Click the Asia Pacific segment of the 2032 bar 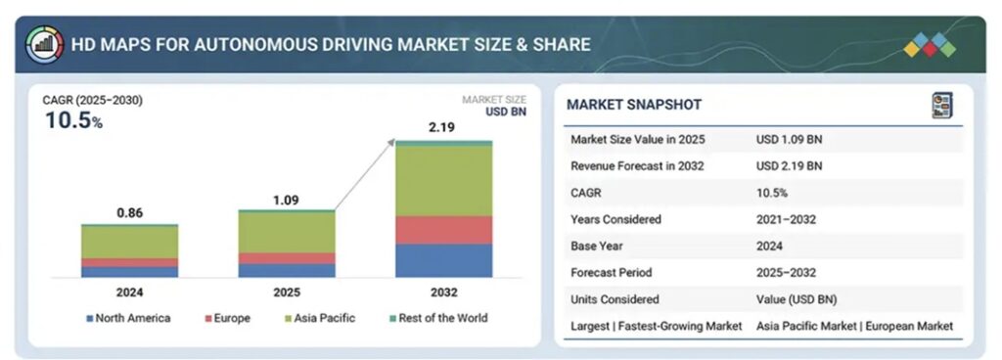(x=443, y=180)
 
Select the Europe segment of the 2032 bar (x=443, y=230)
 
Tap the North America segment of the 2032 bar (x=443, y=260)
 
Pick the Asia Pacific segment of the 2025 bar (x=287, y=232)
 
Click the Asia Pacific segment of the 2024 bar (x=129, y=242)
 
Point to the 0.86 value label (x=129, y=211)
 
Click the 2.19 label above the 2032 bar (x=443, y=127)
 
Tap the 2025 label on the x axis (x=287, y=292)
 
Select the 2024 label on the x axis (x=129, y=292)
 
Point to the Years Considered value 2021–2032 (x=786, y=219)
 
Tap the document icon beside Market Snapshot (x=942, y=106)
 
